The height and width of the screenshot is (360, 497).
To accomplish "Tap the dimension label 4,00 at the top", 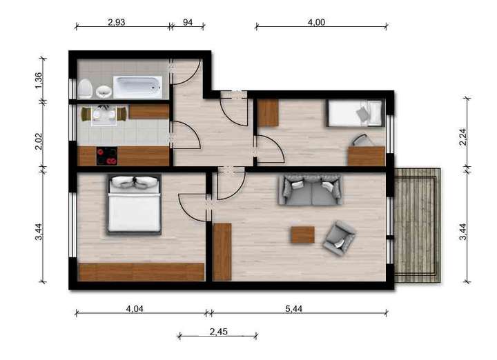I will [x=316, y=22].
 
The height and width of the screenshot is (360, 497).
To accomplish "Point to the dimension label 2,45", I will [x=219, y=331].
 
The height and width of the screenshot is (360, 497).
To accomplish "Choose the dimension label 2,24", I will [x=463, y=138].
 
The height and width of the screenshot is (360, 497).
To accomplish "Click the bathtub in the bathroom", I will [x=137, y=87].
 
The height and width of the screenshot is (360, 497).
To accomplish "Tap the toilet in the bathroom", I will [x=86, y=88].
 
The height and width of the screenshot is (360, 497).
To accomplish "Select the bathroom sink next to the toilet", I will [x=104, y=90].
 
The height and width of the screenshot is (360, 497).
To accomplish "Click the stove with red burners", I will [x=107, y=157].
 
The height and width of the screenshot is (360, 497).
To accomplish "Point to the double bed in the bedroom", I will [x=134, y=204].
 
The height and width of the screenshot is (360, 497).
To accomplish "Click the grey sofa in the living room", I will [x=310, y=190].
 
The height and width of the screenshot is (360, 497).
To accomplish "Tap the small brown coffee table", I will [x=302, y=234].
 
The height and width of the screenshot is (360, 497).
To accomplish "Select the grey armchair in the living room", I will [x=339, y=238].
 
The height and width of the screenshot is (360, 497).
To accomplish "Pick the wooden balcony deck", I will [x=418, y=225].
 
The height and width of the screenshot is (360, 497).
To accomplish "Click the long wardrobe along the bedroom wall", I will [x=142, y=272].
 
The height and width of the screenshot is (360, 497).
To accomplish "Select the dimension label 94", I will [x=188, y=22].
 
